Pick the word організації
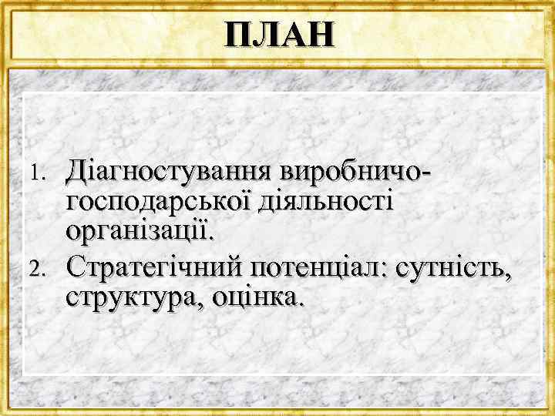click(x=143, y=230)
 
